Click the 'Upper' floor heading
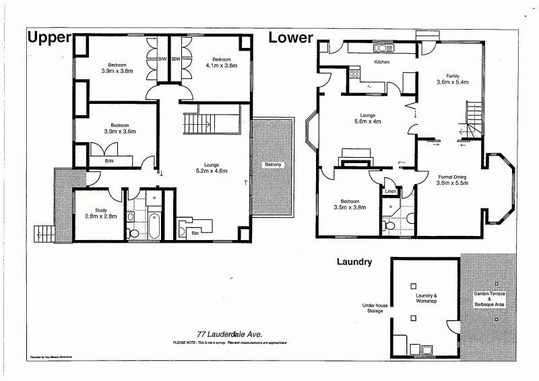tap(49, 38)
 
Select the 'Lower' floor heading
tap(291, 38)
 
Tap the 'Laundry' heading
tap(354, 262)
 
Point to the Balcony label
tap(272, 165)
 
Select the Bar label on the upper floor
tap(195, 233)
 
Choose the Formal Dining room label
tap(452, 179)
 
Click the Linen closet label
tap(391, 192)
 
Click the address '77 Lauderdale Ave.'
tap(229, 334)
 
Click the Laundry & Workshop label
tap(425, 298)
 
